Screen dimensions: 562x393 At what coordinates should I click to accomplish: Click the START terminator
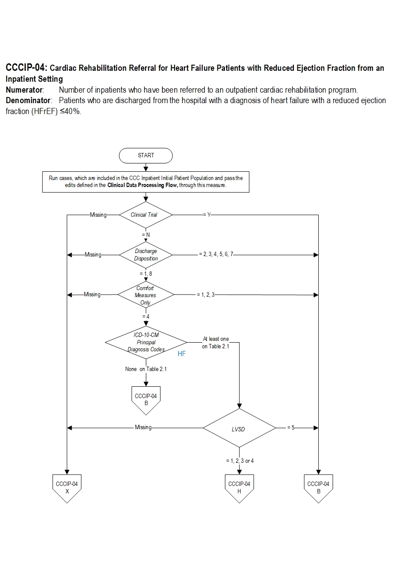pos(146,155)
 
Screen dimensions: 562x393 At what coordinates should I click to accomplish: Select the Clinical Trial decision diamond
pos(146,215)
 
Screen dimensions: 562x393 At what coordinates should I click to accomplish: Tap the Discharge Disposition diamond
pos(146,255)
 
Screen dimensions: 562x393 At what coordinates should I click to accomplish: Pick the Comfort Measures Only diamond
pos(146,295)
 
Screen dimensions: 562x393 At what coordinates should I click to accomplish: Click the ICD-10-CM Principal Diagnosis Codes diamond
pos(146,343)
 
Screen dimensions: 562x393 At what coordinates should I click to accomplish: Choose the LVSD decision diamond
pos(239,428)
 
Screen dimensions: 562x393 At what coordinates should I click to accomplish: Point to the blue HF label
pos(181,354)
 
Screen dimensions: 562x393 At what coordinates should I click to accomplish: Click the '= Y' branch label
pos(207,215)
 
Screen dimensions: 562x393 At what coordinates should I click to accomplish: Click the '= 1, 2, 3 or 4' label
pos(240,461)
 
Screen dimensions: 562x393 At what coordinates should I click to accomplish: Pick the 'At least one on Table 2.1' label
pos(215,343)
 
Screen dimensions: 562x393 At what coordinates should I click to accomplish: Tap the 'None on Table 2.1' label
pos(146,369)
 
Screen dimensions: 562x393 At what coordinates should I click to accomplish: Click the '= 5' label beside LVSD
pos(292,428)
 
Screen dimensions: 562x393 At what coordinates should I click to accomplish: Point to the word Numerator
pos(24,90)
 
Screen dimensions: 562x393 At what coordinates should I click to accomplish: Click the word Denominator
pos(28,101)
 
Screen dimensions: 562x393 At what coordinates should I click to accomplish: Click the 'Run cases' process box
pos(146,181)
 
